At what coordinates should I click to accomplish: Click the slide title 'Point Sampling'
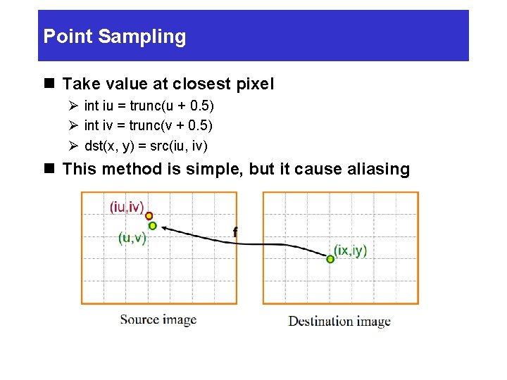115,37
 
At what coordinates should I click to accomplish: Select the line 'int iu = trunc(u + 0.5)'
149,106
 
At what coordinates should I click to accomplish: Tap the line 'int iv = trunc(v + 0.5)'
148,125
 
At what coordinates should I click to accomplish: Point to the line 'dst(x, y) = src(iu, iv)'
146,146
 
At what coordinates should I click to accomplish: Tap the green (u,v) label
132,238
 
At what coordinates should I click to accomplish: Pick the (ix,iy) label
350,251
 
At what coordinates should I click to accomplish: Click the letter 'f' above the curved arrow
235,232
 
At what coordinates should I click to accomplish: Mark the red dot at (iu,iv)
149,216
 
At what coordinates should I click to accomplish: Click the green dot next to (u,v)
152,226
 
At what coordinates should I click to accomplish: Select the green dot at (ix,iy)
330,259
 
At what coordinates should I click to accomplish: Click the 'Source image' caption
158,319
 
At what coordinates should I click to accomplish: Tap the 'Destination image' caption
339,321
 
